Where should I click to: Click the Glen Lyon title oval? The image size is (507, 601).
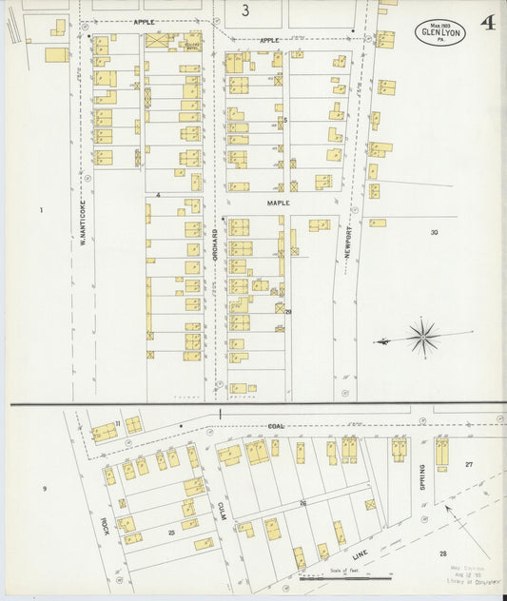[x=439, y=32]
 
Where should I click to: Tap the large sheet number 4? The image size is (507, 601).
[x=487, y=22]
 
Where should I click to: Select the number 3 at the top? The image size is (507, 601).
[x=245, y=11]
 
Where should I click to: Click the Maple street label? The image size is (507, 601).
[x=278, y=203]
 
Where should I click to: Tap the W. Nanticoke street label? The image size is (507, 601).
[x=84, y=228]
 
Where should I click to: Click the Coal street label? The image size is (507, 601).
[x=276, y=426]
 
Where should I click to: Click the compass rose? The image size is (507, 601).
[x=422, y=336]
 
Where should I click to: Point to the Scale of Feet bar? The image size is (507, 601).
[x=344, y=576]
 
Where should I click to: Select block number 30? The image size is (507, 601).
[x=434, y=232]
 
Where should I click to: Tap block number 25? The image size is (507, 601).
[x=171, y=533]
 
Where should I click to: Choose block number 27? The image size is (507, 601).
[x=468, y=464]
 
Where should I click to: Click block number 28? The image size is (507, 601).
[x=442, y=553]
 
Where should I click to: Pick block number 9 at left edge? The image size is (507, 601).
[x=44, y=489]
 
